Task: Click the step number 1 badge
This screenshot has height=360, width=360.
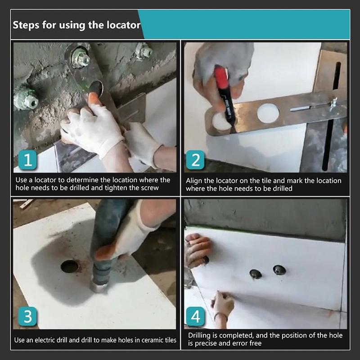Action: [x=27, y=161]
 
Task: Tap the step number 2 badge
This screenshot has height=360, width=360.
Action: [x=195, y=161]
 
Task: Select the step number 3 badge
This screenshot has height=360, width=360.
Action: [x=27, y=316]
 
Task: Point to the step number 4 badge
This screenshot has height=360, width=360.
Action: [x=195, y=316]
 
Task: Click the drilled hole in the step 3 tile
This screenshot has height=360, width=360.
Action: [x=69, y=266]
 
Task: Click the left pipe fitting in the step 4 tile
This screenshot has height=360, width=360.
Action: [x=256, y=274]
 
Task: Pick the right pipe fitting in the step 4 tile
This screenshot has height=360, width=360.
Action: [x=279, y=270]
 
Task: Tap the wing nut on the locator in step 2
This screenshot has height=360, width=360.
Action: [x=333, y=104]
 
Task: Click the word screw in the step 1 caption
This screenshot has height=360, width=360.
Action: [x=149, y=188]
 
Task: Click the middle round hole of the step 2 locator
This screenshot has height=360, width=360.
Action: [x=268, y=113]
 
